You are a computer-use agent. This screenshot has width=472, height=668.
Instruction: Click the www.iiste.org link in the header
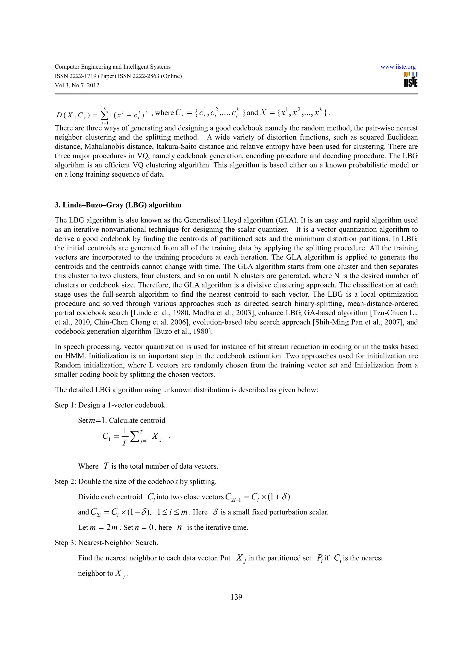pyautogui.click(x=398, y=67)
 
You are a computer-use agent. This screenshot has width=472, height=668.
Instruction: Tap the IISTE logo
pyautogui.click(x=411, y=80)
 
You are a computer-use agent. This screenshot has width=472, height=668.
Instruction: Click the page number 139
pyautogui.click(x=236, y=597)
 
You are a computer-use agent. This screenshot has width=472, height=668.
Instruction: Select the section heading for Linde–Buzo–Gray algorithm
pyautogui.click(x=118, y=205)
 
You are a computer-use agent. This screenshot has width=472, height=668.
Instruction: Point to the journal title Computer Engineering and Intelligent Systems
pyautogui.click(x=112, y=67)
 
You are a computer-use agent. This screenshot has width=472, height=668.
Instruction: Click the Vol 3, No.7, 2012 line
pyautogui.click(x=77, y=85)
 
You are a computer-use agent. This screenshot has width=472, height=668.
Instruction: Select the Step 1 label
pyautogui.click(x=65, y=405)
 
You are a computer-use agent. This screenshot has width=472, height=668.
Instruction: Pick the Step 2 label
pyautogui.click(x=65, y=482)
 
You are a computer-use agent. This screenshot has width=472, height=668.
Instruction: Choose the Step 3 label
pyautogui.click(x=65, y=543)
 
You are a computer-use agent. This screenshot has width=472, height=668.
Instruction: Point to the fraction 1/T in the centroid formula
pyautogui.click(x=125, y=436)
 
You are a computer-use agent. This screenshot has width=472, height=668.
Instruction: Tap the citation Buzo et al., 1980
pyautogui.click(x=183, y=332)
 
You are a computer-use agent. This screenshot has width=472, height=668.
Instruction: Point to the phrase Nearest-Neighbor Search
pyautogui.click(x=118, y=543)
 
